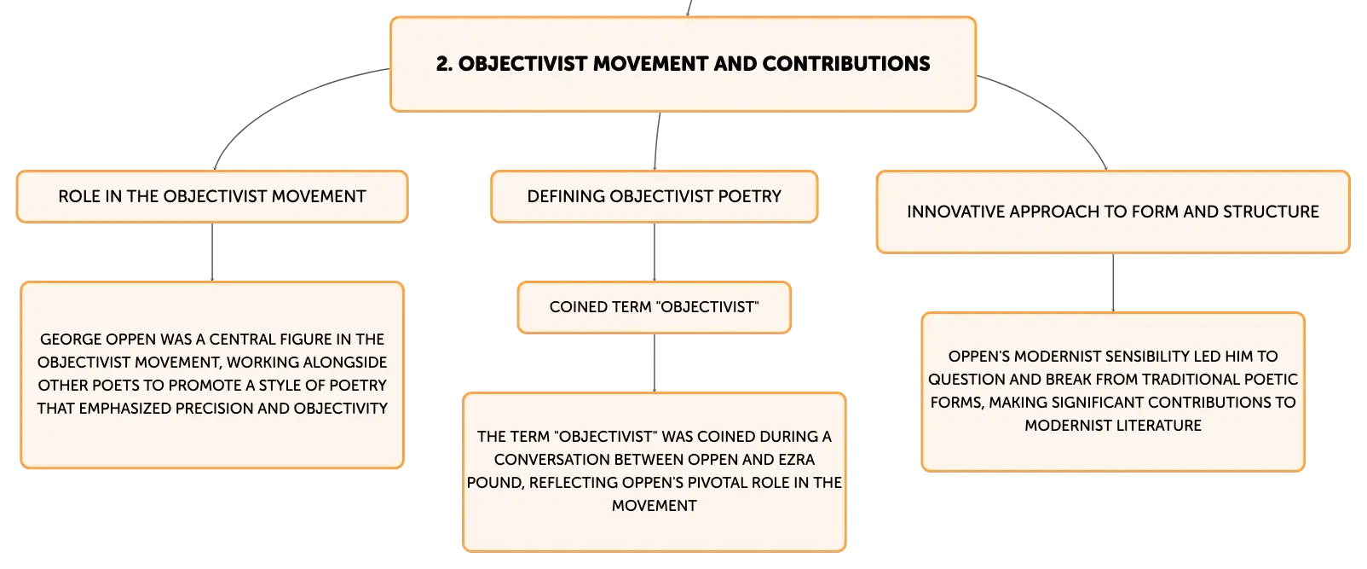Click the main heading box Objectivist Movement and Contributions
click(683, 64)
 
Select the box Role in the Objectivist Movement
click(212, 196)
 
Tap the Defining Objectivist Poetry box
click(655, 196)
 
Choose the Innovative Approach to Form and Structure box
click(1113, 212)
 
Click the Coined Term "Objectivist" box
click(655, 307)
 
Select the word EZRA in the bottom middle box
click(796, 460)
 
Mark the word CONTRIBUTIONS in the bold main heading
click(845, 64)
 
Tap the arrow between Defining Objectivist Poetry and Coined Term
click(655, 252)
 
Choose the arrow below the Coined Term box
click(655, 363)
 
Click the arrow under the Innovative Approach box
click(1113, 283)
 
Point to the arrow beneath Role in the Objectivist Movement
click(212, 252)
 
